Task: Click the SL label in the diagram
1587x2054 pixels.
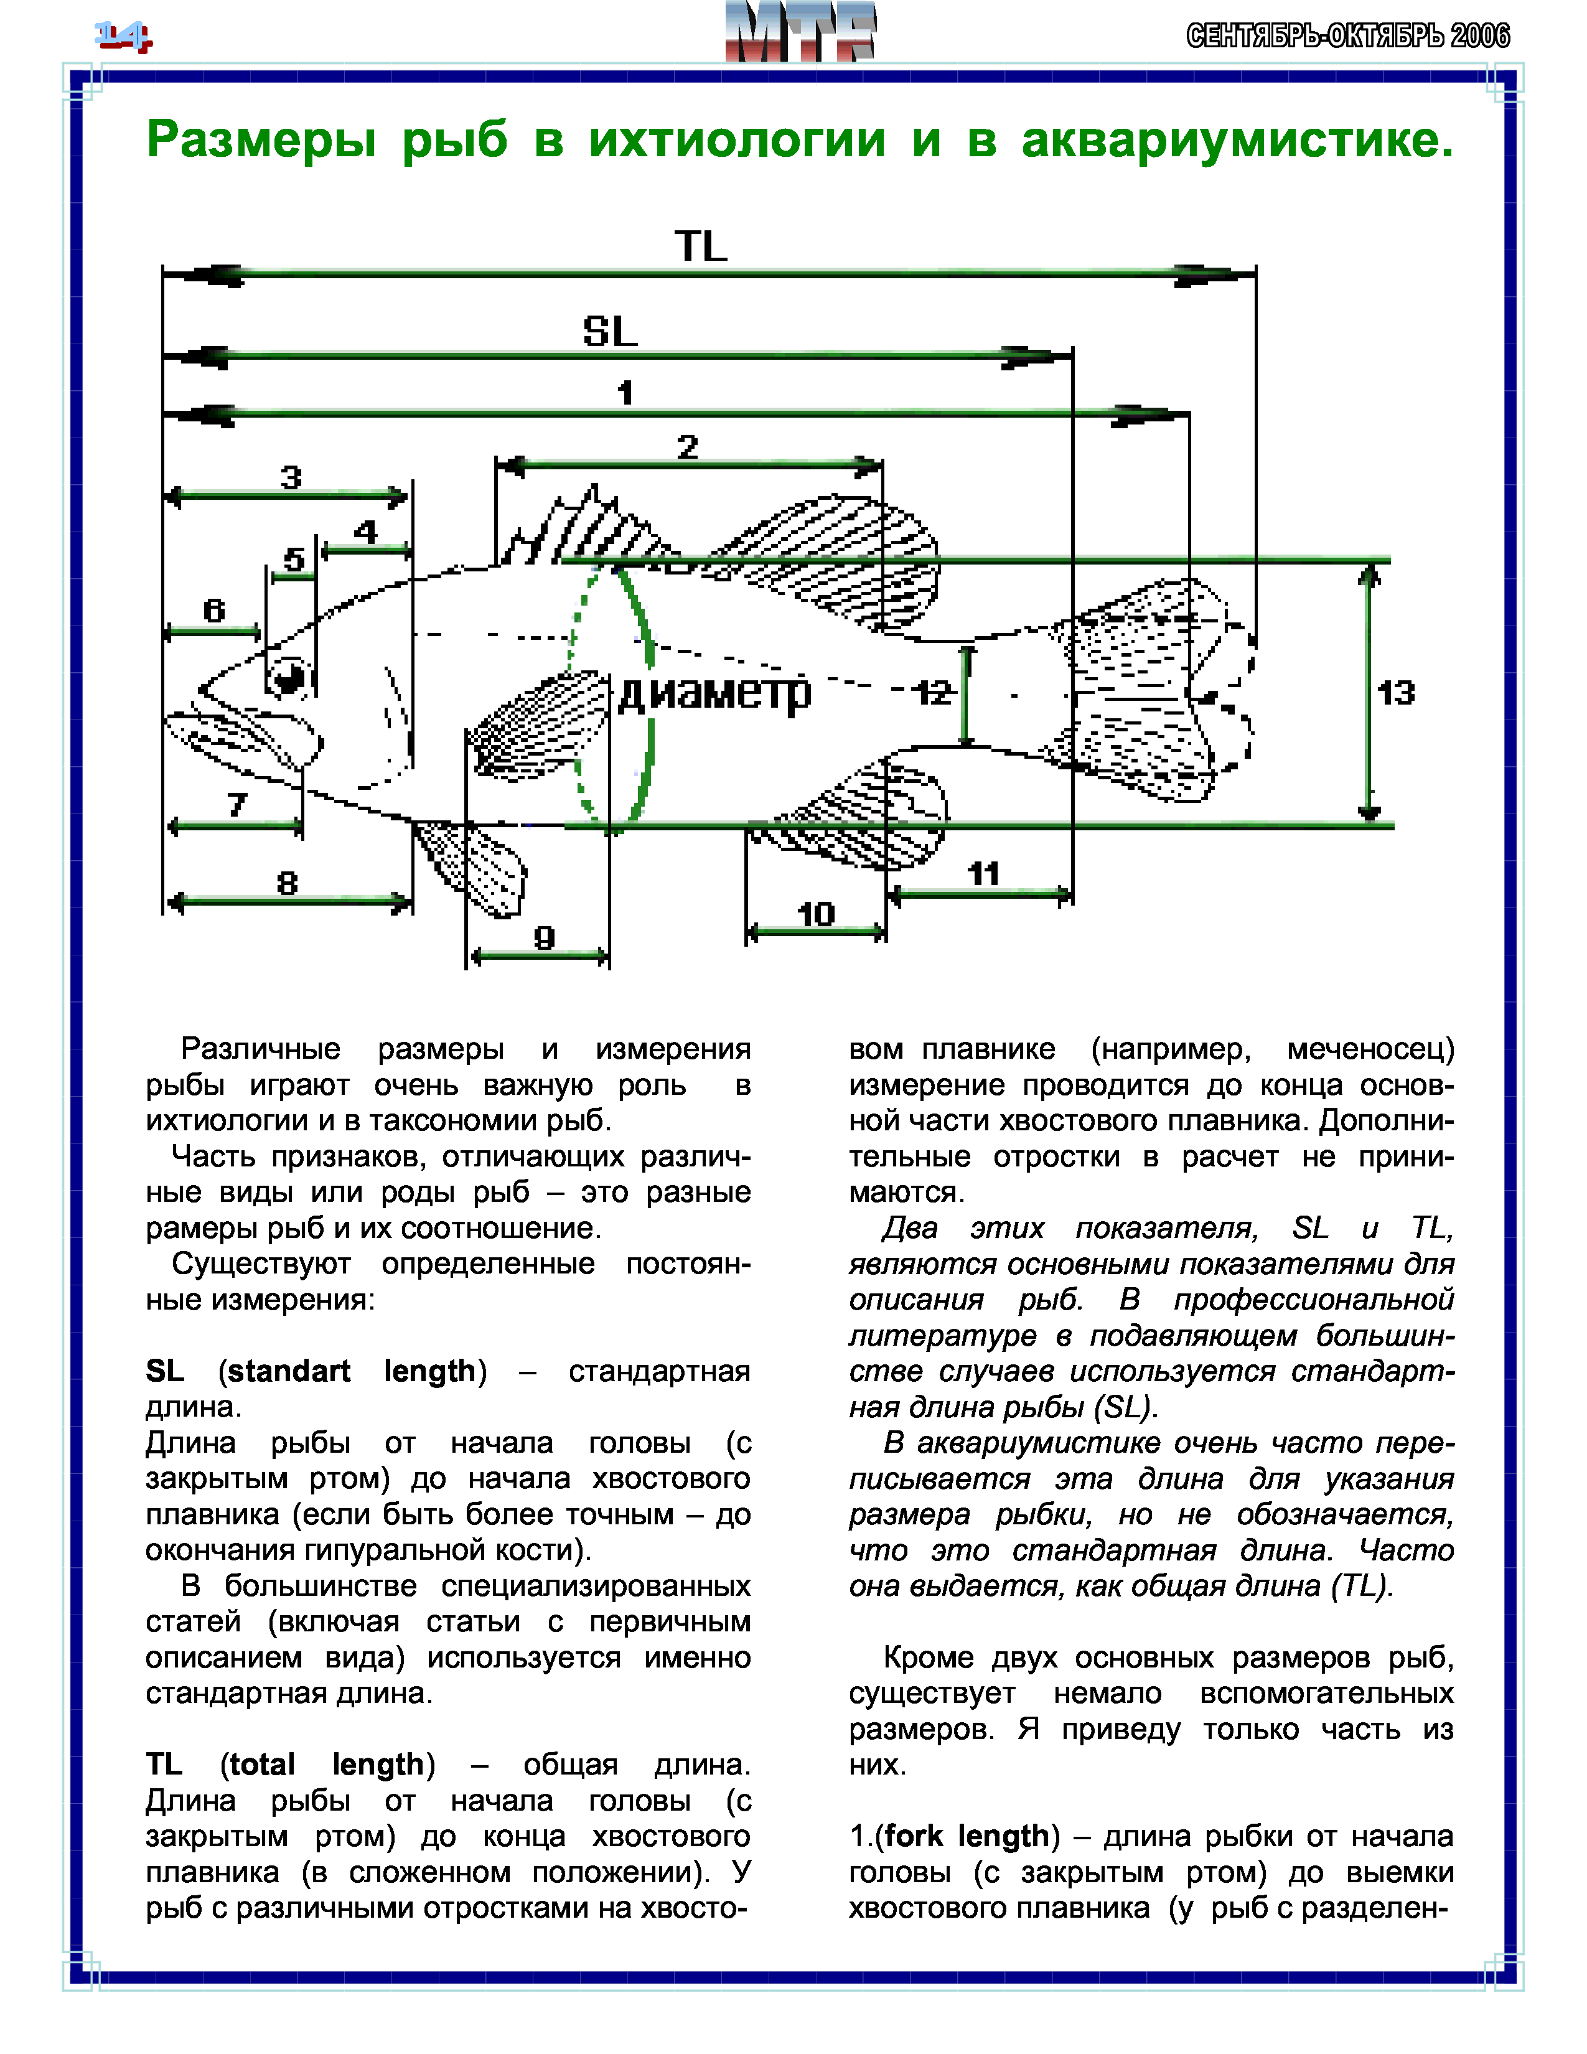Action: click(x=610, y=331)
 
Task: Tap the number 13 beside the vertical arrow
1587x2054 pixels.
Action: click(x=1396, y=693)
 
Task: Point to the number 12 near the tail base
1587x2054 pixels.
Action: click(x=934, y=693)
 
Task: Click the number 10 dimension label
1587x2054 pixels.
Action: click(x=815, y=913)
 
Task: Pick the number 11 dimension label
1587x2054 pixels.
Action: click(x=983, y=874)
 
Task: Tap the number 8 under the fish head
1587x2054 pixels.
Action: click(x=288, y=883)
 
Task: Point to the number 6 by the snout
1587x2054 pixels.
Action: click(x=214, y=611)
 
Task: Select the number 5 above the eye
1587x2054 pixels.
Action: click(x=294, y=560)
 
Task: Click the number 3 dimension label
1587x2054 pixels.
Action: click(x=291, y=477)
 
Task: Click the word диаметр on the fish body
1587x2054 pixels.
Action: click(x=714, y=693)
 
